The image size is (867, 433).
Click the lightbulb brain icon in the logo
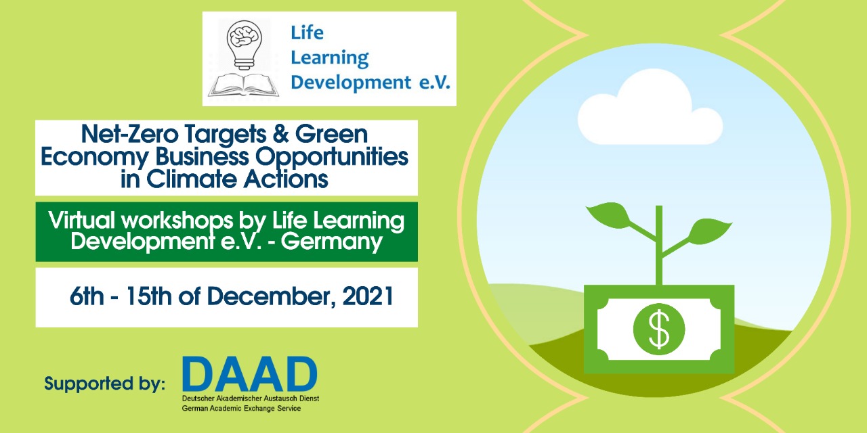[244, 45]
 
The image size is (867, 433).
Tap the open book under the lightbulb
[243, 85]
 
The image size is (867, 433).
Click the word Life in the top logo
[307, 32]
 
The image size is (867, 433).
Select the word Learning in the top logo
[330, 58]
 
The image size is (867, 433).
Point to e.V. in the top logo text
[435, 83]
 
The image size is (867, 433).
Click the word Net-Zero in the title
[129, 134]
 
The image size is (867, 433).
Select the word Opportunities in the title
[332, 158]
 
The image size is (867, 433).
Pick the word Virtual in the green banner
[82, 221]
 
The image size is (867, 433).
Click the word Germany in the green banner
[332, 242]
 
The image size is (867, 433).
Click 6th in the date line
[87, 296]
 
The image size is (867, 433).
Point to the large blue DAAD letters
[250, 374]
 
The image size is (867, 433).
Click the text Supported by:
[104, 384]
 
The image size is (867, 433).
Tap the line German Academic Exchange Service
[241, 408]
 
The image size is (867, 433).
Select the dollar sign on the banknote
[659, 329]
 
